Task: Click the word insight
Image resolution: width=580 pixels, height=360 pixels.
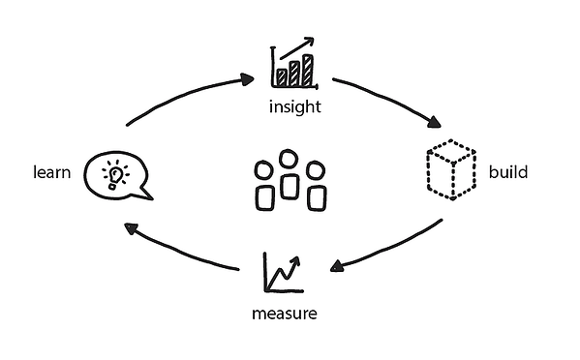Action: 293,105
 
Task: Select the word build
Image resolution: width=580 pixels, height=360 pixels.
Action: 508,173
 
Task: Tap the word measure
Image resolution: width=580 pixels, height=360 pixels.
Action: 284,315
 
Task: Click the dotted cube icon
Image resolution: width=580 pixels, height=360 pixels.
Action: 451,171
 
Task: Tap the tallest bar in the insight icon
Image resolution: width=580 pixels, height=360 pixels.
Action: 308,70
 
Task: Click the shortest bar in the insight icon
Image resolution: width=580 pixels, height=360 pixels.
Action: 282,76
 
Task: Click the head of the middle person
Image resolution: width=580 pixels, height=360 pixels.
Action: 289,159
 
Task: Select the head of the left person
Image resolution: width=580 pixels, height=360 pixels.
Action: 264,171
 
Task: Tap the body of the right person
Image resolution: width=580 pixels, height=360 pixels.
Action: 315,196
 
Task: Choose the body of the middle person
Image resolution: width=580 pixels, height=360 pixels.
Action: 289,187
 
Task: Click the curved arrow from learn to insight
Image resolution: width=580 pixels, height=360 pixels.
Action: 184,97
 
